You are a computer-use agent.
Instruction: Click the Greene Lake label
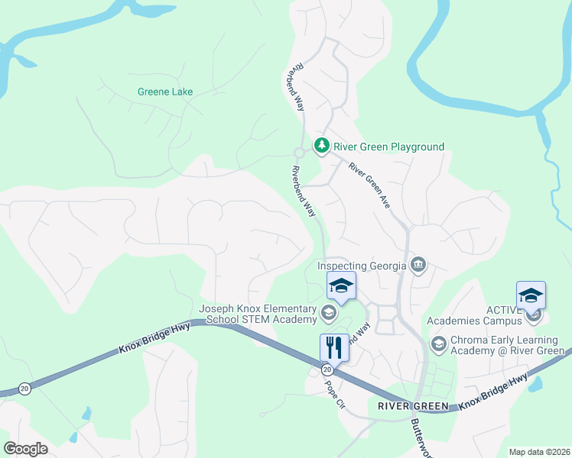coord(165,92)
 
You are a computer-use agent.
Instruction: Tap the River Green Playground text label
coord(388,147)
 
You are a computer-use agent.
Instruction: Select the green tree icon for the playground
coord(322,145)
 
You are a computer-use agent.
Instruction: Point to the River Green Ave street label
coord(370,185)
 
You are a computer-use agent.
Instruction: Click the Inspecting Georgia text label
coord(363,266)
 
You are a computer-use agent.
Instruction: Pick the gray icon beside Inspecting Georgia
coord(418,266)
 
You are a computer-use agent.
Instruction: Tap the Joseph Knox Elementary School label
coord(258,314)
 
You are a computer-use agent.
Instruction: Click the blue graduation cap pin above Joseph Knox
coord(341,287)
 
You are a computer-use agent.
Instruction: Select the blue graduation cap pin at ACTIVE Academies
coord(531,296)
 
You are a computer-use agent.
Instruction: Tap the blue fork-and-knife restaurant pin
coord(334,347)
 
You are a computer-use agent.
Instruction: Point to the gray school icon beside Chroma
coord(438,343)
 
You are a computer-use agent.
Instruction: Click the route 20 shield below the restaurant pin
coord(327,369)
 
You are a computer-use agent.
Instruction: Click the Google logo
coord(25,449)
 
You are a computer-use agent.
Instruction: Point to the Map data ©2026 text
coord(538,452)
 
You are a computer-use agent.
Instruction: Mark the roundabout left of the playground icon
coord(299,152)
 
